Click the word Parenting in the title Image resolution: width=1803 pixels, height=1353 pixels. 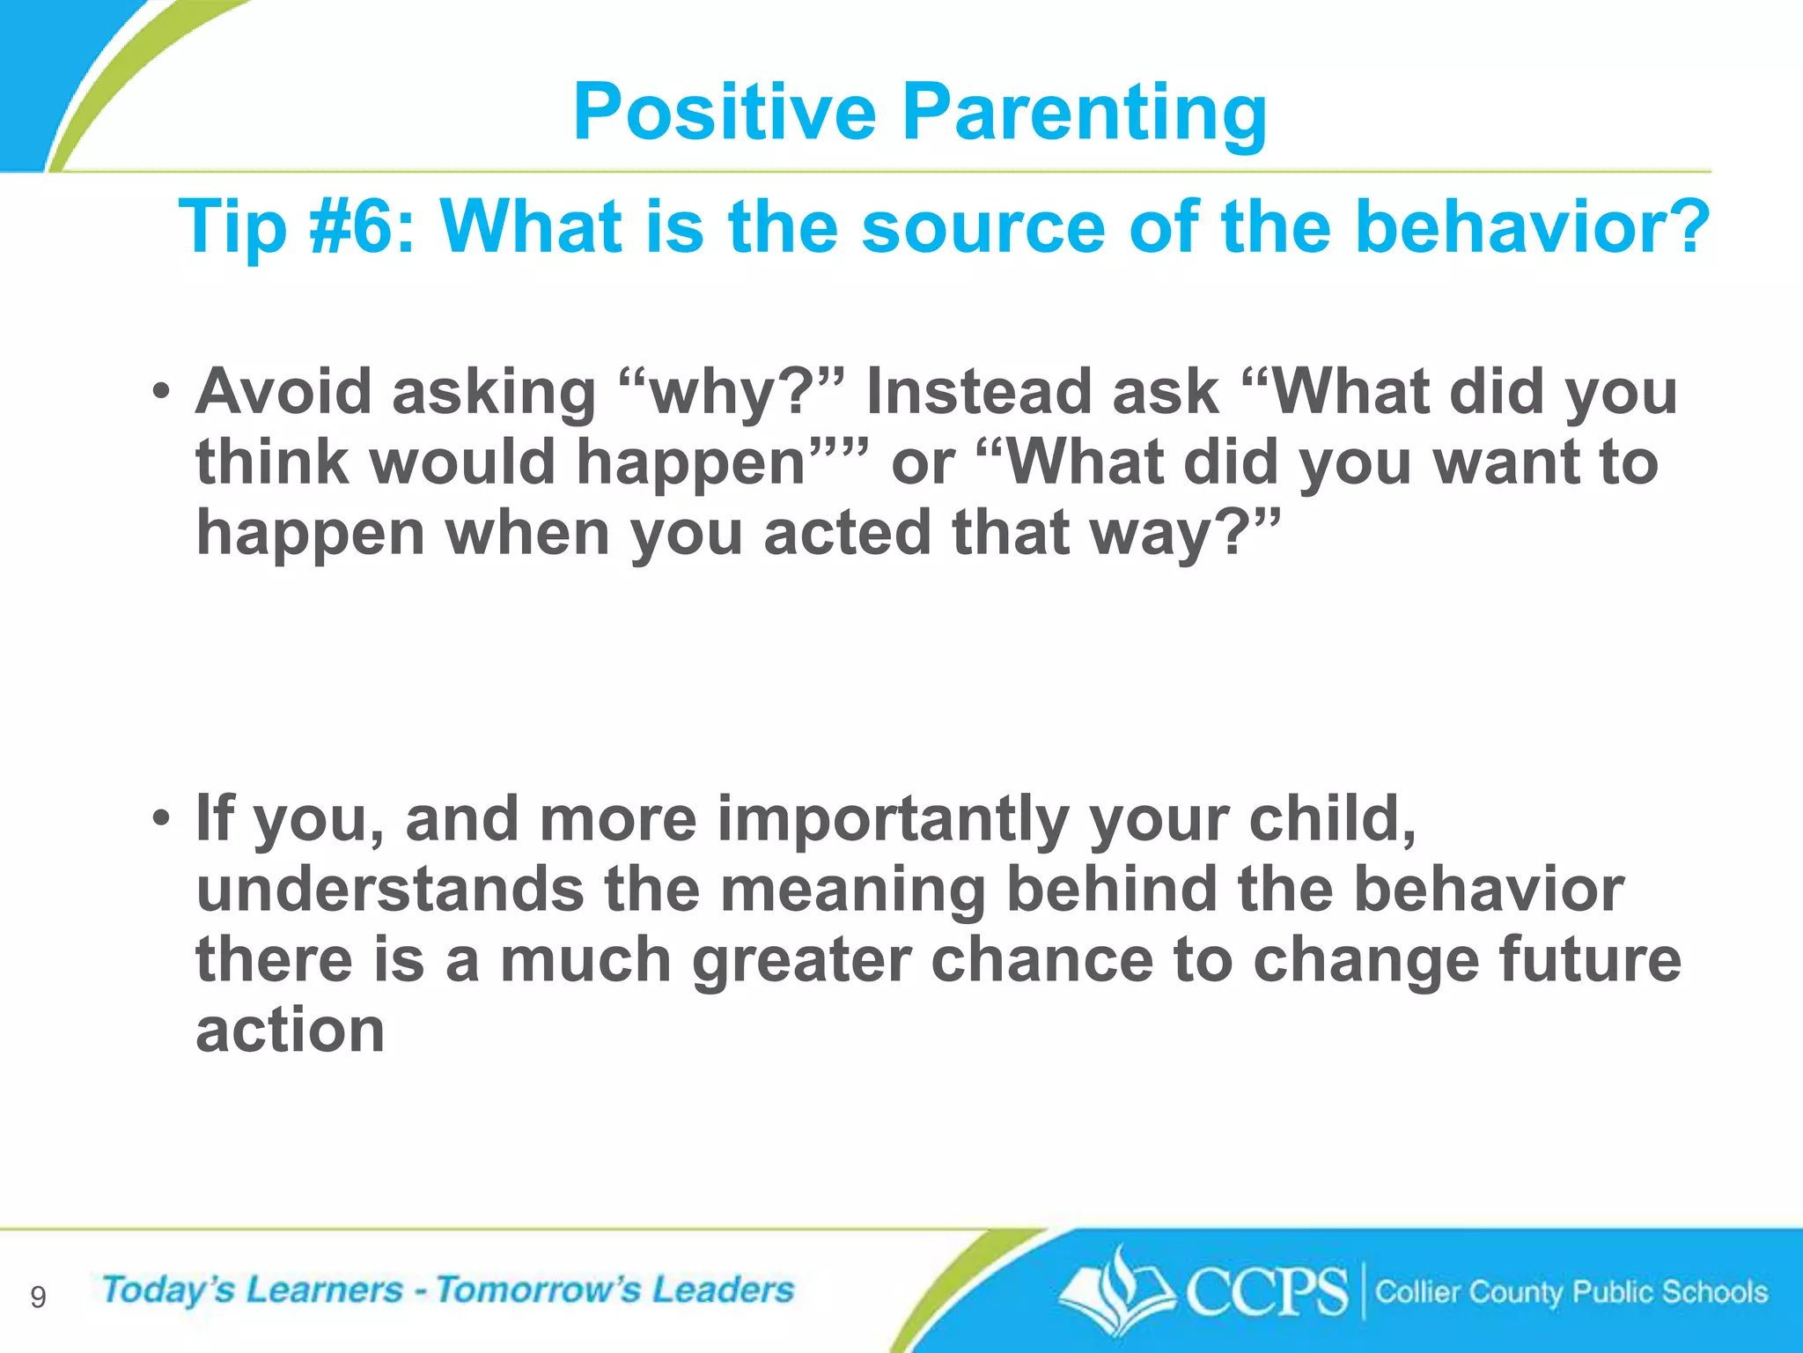[x=1084, y=113]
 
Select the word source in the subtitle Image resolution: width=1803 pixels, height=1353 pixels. [x=982, y=226]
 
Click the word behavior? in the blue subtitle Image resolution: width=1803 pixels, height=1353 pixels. [x=1532, y=226]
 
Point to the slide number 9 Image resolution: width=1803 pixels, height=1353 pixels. [x=38, y=1298]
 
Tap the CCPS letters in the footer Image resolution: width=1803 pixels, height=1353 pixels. [x=1266, y=1292]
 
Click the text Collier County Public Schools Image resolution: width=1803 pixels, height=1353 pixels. [x=1571, y=1292]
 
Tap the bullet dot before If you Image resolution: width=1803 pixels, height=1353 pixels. [x=159, y=818]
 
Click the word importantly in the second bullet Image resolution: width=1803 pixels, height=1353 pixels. [x=893, y=818]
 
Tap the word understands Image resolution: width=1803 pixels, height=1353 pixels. [x=389, y=889]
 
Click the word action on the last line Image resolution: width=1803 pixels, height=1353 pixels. [x=290, y=1030]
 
